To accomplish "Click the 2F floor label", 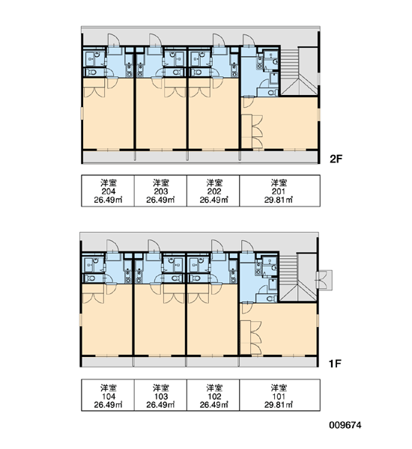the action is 336,159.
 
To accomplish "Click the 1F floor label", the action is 335,364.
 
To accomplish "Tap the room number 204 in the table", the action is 109,192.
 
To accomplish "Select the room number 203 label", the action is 161,192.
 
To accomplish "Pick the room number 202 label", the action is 214,192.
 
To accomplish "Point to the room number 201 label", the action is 279,192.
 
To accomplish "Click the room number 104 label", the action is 109,397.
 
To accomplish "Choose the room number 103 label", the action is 161,397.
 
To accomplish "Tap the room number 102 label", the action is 214,397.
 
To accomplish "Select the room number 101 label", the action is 279,397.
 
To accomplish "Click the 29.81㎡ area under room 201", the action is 279,200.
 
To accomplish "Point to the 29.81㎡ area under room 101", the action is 279,405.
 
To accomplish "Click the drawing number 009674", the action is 345,425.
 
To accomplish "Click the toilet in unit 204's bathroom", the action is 91,72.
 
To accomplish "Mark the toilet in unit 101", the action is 270,299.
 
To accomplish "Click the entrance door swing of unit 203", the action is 155,40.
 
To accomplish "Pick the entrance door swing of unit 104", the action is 113,245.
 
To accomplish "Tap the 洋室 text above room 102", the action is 214,388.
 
